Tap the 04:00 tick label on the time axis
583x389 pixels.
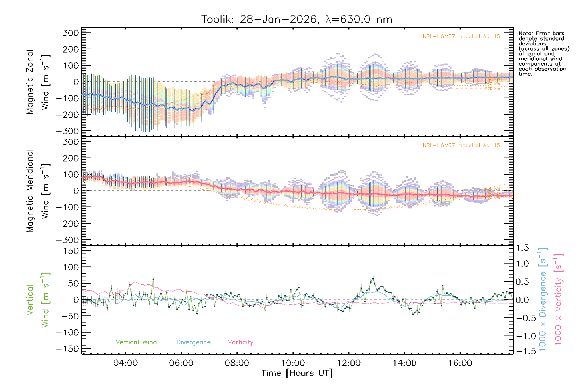coord(125,363)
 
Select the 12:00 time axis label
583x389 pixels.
coord(349,363)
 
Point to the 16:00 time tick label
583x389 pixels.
coord(460,363)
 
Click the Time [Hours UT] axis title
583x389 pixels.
coord(297,373)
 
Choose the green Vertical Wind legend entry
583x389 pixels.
coord(136,342)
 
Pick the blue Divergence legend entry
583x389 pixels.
coord(193,342)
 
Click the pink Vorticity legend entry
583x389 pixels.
coord(240,342)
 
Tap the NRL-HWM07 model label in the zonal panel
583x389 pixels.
coord(461,37)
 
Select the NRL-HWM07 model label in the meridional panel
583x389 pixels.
coord(461,146)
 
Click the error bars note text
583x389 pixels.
coord(543,53)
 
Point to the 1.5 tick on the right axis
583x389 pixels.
coord(522,248)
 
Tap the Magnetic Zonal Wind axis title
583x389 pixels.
coord(38,82)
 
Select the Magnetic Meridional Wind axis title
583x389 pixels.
coord(38,191)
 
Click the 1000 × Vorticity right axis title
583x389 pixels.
coord(558,300)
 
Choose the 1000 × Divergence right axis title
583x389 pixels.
coord(543,300)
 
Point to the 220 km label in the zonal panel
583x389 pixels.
coord(492,89)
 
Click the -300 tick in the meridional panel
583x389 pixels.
coord(67,240)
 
